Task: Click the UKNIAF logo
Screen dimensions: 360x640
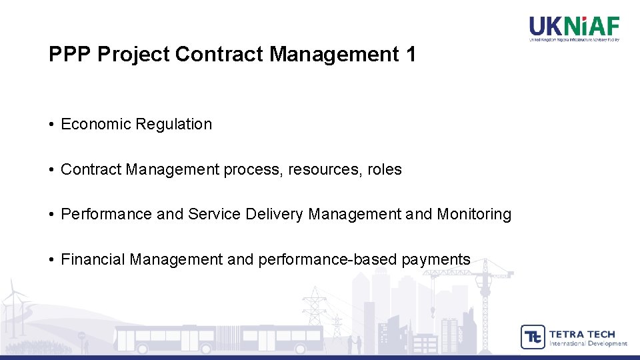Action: pyautogui.click(x=574, y=27)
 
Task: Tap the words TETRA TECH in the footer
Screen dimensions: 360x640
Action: pyautogui.click(x=582, y=333)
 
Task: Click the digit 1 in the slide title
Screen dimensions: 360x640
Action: pyautogui.click(x=409, y=55)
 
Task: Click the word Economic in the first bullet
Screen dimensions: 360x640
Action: pyautogui.click(x=95, y=124)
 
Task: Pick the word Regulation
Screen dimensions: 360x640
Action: pyautogui.click(x=173, y=124)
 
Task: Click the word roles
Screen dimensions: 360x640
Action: pyautogui.click(x=384, y=169)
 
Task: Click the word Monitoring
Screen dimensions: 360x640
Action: pyautogui.click(x=474, y=215)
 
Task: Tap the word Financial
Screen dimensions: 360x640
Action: pyautogui.click(x=93, y=259)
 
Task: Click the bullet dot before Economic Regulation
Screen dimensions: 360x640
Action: pyautogui.click(x=51, y=125)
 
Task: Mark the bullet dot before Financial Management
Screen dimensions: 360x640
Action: pyautogui.click(x=51, y=260)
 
